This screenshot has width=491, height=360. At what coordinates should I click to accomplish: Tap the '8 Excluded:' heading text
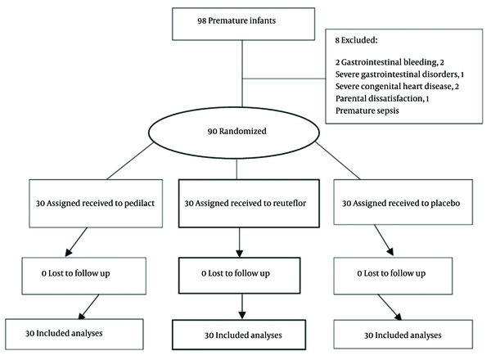pos(356,40)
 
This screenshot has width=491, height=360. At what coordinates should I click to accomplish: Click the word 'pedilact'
pos(139,204)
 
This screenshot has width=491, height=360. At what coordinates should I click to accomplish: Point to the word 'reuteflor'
pos(290,203)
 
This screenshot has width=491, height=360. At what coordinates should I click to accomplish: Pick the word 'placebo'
pos(445,204)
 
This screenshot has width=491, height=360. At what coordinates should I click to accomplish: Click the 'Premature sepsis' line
pos(367,110)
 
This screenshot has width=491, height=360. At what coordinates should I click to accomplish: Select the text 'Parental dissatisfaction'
pos(379,99)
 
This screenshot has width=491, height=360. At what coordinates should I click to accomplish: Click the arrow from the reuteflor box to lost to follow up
pos(240,242)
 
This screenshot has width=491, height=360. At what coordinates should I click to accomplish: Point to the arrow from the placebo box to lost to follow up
pos(384,240)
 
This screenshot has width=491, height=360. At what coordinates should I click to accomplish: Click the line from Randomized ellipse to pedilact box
pos(130,161)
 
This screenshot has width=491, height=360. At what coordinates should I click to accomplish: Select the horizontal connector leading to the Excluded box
pos(284,79)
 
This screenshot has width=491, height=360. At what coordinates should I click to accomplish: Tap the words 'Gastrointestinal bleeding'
pos(389,62)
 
